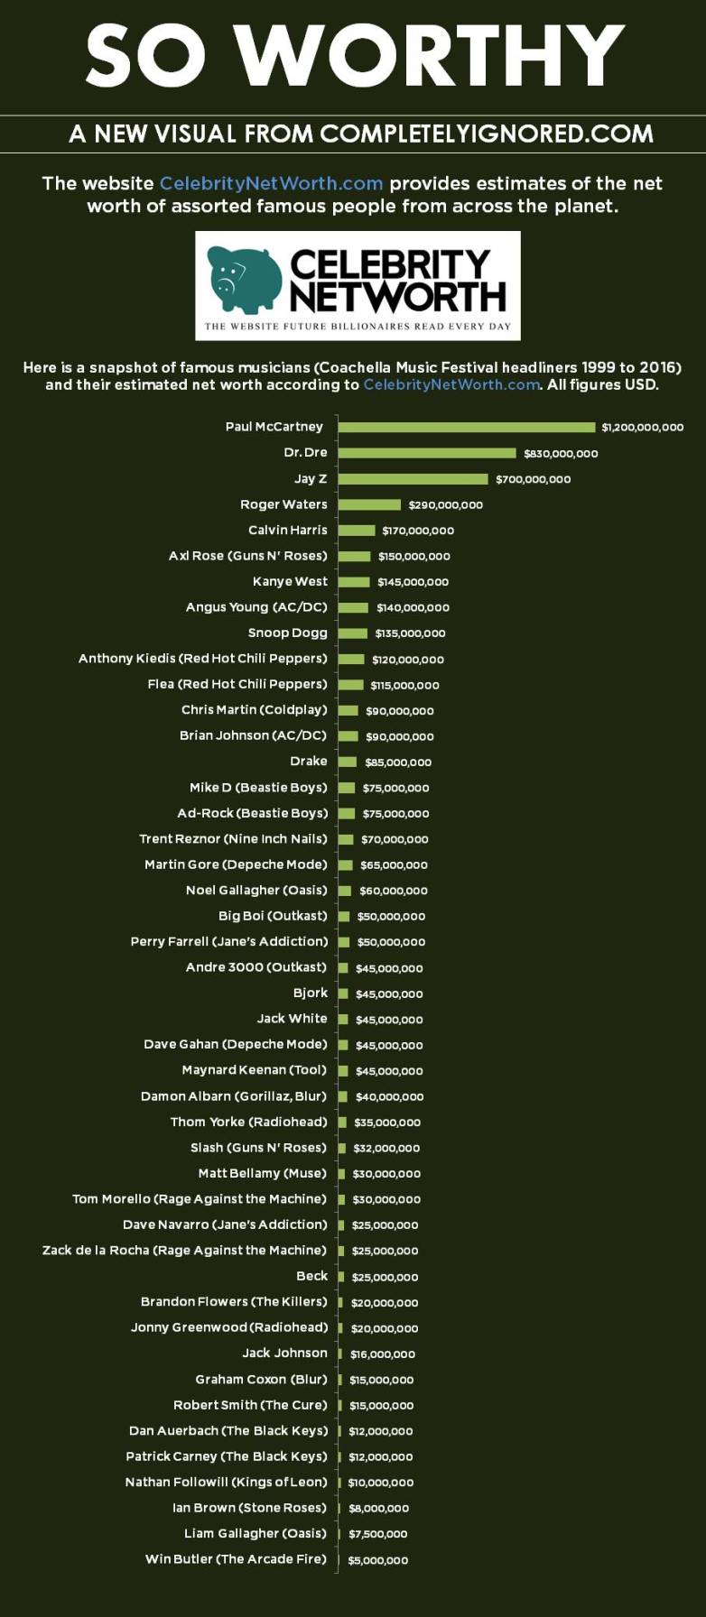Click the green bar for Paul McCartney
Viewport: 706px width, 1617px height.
(467, 427)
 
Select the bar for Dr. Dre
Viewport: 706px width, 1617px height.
(427, 453)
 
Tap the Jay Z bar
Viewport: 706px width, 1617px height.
(413, 479)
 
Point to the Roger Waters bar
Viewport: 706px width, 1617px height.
(369, 504)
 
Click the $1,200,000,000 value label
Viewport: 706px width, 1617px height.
(643, 427)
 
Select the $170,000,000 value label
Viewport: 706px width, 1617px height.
(418, 531)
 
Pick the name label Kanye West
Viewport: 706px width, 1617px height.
(290, 581)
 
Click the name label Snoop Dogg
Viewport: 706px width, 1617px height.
(287, 633)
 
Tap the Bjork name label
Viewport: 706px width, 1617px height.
(311, 993)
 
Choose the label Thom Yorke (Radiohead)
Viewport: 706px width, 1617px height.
(248, 1122)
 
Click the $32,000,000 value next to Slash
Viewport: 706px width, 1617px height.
(386, 1148)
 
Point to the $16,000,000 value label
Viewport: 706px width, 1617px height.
(383, 1354)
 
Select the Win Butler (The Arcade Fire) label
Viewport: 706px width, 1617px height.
(236, 1558)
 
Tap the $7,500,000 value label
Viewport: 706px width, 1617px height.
(378, 1533)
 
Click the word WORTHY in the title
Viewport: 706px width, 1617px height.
(430, 56)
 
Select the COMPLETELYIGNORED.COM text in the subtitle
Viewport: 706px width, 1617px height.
(486, 134)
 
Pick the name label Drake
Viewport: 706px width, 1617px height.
(309, 761)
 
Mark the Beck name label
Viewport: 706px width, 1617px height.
(311, 1276)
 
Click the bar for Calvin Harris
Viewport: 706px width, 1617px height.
(357, 531)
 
